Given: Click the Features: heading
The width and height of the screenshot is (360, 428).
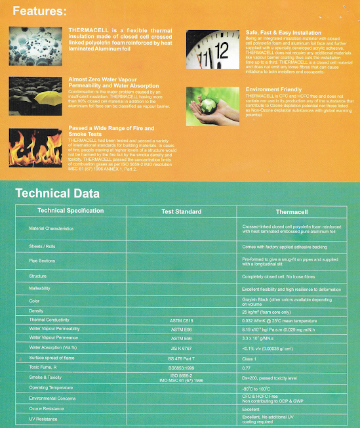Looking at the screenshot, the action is click(39, 12).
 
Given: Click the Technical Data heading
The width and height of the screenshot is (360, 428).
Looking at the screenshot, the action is click(57, 193).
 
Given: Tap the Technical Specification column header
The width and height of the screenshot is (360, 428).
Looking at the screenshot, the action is click(71, 211).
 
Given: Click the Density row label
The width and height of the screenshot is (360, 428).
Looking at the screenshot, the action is click(36, 310).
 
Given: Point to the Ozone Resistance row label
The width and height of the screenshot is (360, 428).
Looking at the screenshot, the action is click(46, 409).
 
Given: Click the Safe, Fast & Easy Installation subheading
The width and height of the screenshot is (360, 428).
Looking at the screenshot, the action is click(283, 32).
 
